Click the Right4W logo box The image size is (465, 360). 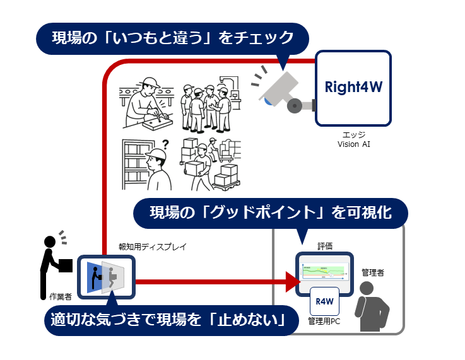tap(353, 87)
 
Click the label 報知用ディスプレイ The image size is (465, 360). tap(152, 247)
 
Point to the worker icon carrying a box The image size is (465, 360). tap(53, 262)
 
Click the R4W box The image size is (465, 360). tap(324, 301)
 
